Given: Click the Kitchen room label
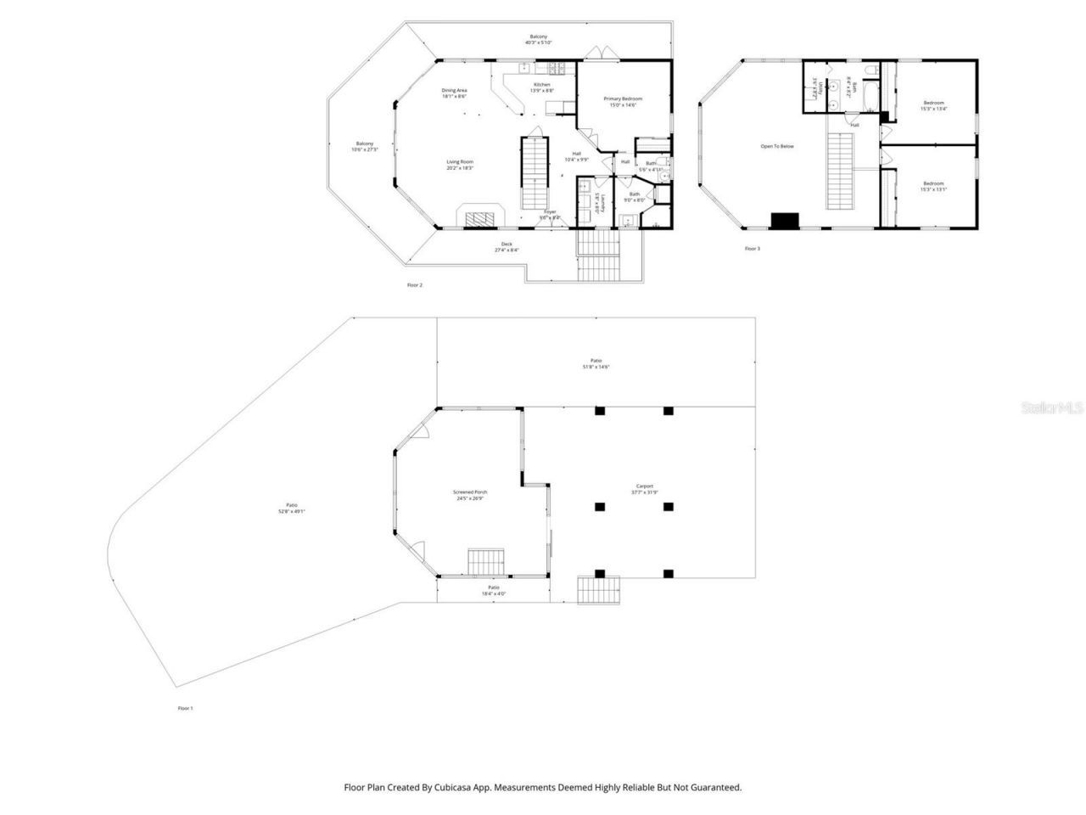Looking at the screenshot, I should [542, 87].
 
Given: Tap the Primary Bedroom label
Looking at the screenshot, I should [623, 102].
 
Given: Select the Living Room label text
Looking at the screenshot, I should [461, 165].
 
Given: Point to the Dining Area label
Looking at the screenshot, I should [454, 93].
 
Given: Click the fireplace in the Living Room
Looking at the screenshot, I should [481, 217].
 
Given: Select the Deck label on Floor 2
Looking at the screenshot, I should [507, 247].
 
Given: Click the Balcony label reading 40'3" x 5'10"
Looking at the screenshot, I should [539, 39].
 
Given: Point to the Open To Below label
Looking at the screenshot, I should [777, 146].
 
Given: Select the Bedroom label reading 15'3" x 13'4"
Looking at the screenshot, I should [933, 106].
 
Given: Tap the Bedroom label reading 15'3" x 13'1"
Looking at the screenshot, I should [933, 187].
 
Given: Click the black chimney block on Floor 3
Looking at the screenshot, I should [785, 221].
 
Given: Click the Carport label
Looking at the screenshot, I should [643, 490].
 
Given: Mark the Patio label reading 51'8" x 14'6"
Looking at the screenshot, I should [596, 363].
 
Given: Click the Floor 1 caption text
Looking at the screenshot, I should [185, 708].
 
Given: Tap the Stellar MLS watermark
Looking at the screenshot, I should [1052, 408].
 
